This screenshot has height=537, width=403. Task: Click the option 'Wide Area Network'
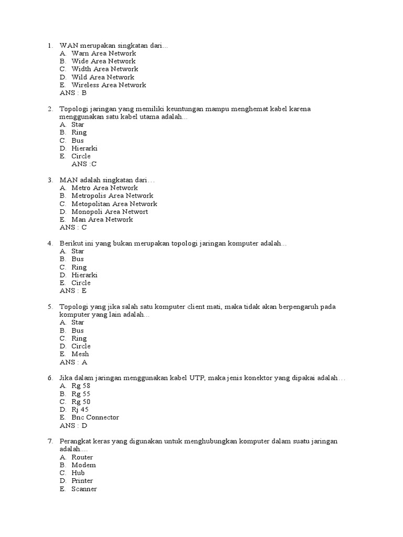[103, 61]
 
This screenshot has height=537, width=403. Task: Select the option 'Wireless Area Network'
[109, 85]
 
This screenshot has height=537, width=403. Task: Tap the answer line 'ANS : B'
[73, 93]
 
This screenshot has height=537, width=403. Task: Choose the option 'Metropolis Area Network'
[112, 196]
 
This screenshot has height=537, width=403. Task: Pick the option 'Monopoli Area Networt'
[110, 212]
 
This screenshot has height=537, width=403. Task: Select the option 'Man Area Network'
[102, 220]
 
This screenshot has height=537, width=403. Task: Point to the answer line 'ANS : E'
[73, 291]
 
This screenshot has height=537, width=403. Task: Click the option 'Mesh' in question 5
[80, 354]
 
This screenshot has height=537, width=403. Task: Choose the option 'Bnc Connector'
[95, 417]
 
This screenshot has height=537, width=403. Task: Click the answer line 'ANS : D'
[73, 425]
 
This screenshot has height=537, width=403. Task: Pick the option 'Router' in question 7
[82, 457]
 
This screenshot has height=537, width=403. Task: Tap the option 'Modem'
[83, 465]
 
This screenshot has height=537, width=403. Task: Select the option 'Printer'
[82, 481]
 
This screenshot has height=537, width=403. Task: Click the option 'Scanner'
[84, 489]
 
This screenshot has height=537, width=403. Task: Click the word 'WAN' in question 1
[69, 45]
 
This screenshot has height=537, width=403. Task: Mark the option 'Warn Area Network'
[103, 53]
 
